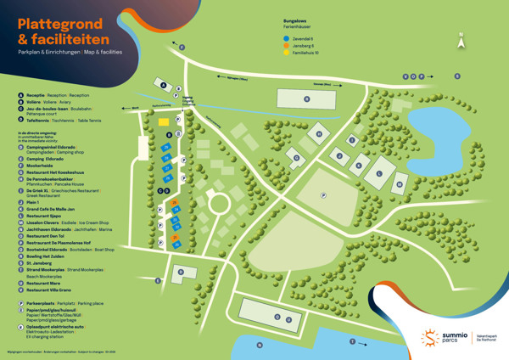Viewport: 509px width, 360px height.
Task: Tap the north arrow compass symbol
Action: [461, 40]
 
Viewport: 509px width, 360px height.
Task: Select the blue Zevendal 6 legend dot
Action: [287, 39]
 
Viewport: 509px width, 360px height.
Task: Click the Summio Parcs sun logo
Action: [430, 339]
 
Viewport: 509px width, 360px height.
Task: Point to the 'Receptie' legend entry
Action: [37, 96]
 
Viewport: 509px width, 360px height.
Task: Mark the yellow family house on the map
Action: [163, 122]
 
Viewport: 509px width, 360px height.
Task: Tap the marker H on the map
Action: [319, 133]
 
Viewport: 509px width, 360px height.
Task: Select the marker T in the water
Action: [353, 340]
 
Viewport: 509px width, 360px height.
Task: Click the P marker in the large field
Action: [323, 194]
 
